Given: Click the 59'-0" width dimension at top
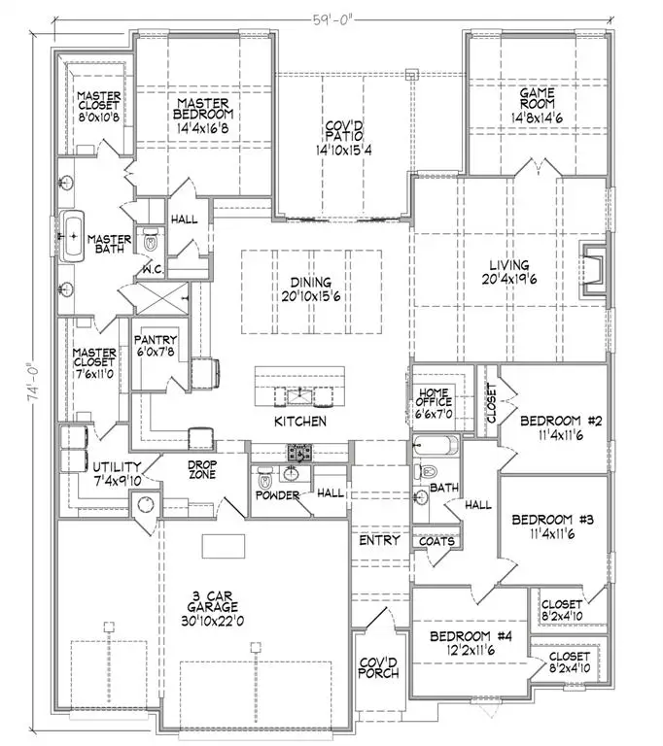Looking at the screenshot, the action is point(332,20).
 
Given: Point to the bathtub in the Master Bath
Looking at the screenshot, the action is point(72,236).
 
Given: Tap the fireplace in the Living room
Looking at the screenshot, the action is point(593,271).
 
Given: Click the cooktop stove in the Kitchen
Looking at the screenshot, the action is point(299,453).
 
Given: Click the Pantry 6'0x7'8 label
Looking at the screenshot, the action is point(156,346).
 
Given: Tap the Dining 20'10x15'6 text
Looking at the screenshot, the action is point(311,289).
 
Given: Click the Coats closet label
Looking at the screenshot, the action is point(436,541).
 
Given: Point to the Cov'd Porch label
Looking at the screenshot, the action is point(379,667).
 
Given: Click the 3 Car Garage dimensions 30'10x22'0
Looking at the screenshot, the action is point(213,621).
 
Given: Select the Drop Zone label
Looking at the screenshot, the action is point(202,469).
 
